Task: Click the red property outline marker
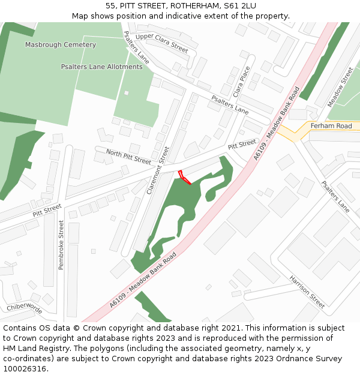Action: pyautogui.click(x=184, y=178)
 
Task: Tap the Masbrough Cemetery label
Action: pyautogui.click(x=61, y=45)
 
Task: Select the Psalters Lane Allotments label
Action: pyautogui.click(x=102, y=67)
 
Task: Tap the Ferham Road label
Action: pyautogui.click(x=331, y=126)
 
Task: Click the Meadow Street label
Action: pyautogui.click(x=340, y=88)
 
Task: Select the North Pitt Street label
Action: pyautogui.click(x=128, y=157)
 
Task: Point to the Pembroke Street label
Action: pyautogui.click(x=61, y=244)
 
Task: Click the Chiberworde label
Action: pyautogui.click(x=24, y=308)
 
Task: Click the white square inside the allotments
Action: pyautogui.click(x=126, y=92)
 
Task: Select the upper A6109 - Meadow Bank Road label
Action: pyautogui.click(x=276, y=123)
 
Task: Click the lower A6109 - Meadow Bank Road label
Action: pyautogui.click(x=143, y=280)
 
